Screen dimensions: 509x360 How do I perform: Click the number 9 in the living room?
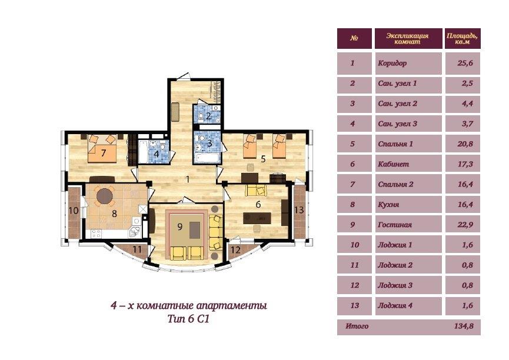point(180,226)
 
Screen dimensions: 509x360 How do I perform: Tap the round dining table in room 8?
point(105,196)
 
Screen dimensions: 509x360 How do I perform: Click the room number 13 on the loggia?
point(299,210)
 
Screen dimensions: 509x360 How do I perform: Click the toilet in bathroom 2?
point(201,116)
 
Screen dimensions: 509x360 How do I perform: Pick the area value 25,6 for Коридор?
point(465,63)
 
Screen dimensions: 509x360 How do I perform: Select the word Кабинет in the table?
point(393,164)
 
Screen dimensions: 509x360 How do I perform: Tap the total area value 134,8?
point(464,326)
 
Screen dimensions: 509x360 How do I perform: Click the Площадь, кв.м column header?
point(462,39)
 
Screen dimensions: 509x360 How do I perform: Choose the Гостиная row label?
point(395,225)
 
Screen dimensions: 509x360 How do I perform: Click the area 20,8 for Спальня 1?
point(465,144)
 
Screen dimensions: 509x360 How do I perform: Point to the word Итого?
point(357,326)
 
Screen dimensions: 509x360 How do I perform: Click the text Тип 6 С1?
point(189,319)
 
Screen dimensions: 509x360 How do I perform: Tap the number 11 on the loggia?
point(137,249)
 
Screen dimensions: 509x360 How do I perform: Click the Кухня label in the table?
point(388,205)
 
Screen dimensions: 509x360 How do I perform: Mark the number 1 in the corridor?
point(187,179)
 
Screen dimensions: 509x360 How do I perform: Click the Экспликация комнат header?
point(407,39)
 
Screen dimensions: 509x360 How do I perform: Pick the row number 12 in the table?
point(354,285)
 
